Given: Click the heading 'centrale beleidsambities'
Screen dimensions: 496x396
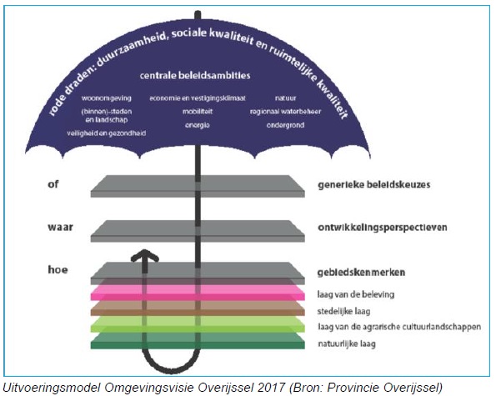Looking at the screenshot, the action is coord(195,75).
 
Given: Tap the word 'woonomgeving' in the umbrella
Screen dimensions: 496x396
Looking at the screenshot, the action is coord(107,98).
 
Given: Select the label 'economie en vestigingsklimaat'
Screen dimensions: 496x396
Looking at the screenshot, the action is coord(198,98).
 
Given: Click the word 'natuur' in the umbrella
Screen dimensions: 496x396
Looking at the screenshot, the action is coord(285,98).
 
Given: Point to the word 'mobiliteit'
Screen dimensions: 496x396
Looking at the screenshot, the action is coord(198,112).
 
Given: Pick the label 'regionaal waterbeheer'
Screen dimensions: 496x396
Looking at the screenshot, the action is coord(285,112).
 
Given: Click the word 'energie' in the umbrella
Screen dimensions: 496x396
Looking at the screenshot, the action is coord(198,125).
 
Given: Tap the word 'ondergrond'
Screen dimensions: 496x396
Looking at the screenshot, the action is coord(285,125).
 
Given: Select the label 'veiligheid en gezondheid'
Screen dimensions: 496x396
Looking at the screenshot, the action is coord(107,133).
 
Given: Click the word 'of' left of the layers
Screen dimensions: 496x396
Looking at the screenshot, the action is coord(53,183).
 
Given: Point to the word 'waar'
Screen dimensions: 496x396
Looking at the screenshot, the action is coord(60,227).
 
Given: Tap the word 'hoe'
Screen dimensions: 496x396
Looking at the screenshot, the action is coord(58,269).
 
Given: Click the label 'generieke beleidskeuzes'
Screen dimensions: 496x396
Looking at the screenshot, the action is coord(374,184).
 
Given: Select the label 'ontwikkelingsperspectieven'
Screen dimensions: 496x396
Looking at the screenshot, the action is coord(383,228).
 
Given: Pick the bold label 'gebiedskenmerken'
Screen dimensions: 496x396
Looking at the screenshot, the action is coord(361,272).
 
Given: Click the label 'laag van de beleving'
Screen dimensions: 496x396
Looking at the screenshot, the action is coord(356,294).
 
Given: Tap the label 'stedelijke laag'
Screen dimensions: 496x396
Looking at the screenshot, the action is coord(343,311).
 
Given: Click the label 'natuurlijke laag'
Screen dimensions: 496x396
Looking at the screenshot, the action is coord(347,343).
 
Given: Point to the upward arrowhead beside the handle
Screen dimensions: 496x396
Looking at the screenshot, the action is coord(145,255).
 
